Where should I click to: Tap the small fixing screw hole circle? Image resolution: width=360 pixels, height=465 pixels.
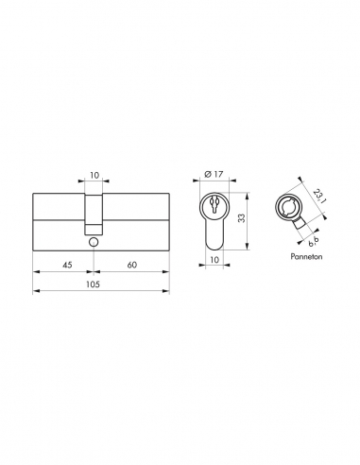94,242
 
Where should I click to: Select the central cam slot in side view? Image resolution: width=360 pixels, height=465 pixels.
94,214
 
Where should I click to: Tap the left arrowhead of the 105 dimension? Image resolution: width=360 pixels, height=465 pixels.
36,292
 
